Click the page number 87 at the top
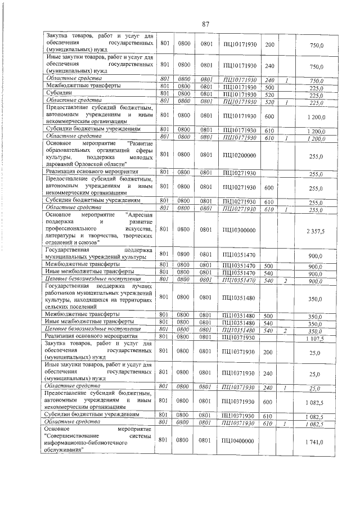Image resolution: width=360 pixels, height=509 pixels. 205,24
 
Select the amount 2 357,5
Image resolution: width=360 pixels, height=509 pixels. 316,230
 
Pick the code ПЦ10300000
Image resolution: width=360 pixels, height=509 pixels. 239,230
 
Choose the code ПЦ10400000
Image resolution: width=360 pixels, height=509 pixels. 239,443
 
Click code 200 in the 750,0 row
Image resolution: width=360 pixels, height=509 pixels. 269,44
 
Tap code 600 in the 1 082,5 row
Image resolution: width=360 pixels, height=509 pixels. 269,402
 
